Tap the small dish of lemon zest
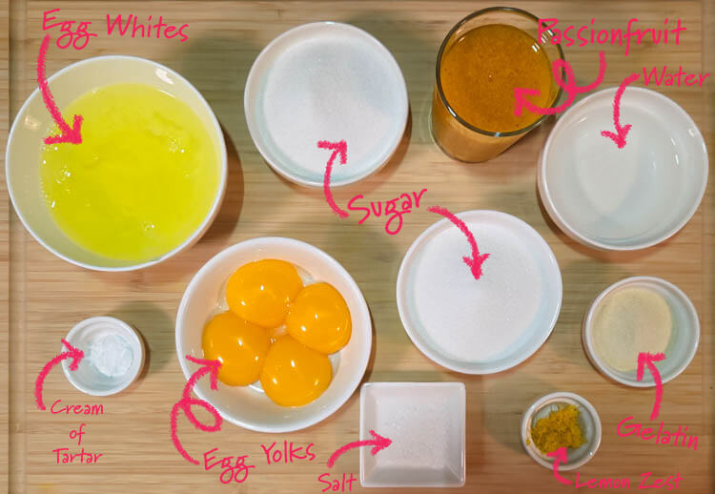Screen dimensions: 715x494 pyautogui.click(x=561, y=431)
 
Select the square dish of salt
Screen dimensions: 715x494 pyautogui.click(x=413, y=434)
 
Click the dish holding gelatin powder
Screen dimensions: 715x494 pyautogui.click(x=641, y=332)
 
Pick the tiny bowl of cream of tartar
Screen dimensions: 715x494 pyautogui.click(x=103, y=356)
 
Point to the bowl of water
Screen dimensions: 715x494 pyautogui.click(x=623, y=168)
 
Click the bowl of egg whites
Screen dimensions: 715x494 pyautogui.click(x=116, y=163)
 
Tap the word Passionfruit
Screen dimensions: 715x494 pyautogui.click(x=612, y=31)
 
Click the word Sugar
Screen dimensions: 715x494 pyautogui.click(x=387, y=208)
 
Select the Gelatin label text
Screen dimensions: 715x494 pyautogui.click(x=658, y=433)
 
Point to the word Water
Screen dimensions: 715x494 pyautogui.click(x=676, y=76)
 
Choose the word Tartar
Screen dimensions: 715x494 pyautogui.click(x=76, y=455)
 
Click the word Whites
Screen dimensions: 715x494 pyautogui.click(x=147, y=28)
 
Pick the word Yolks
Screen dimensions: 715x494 pyautogui.click(x=288, y=452)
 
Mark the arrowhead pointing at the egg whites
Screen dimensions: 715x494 pyautogui.click(x=66, y=131)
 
